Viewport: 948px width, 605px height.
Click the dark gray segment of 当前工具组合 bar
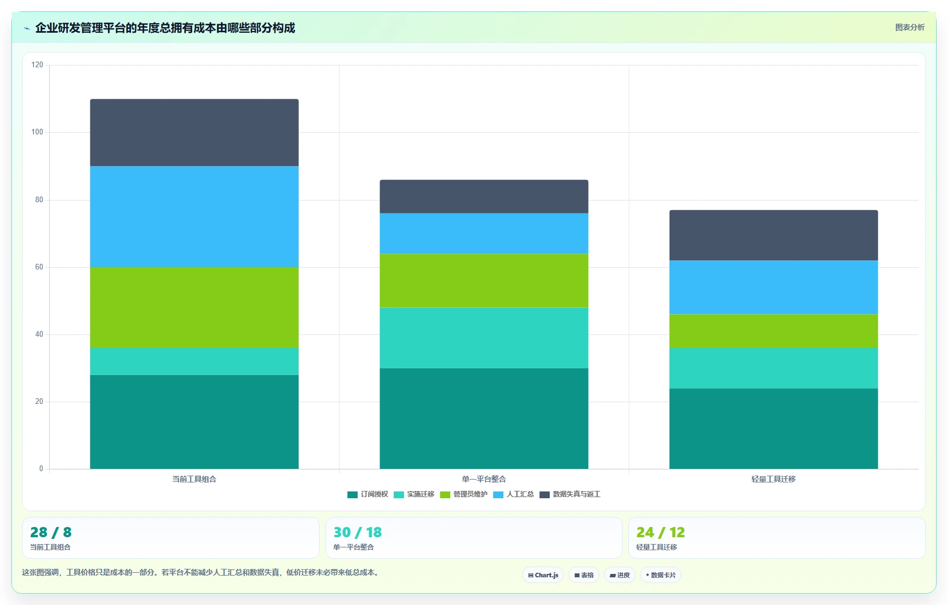tap(194, 132)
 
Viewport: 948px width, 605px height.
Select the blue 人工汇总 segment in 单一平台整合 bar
tap(484, 233)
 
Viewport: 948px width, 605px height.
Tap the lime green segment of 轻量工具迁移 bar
tap(773, 331)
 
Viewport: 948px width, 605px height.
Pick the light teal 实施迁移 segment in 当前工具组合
tap(194, 362)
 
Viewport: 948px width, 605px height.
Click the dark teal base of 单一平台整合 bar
tap(484, 419)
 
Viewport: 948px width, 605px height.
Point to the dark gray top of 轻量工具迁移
tap(773, 235)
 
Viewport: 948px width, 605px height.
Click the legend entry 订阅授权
tap(367, 494)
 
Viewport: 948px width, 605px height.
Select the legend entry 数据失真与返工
tap(570, 494)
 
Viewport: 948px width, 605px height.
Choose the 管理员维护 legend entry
tap(464, 494)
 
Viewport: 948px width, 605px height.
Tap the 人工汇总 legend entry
tap(514, 494)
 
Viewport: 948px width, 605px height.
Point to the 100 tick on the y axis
tap(37, 132)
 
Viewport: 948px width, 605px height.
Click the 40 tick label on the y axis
tap(39, 334)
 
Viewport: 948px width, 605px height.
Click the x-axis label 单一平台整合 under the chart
tap(484, 479)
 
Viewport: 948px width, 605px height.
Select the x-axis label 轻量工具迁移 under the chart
tap(773, 479)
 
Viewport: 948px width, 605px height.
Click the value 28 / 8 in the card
tap(51, 532)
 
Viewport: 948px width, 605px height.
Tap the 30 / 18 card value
tap(358, 532)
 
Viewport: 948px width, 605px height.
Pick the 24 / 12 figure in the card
tap(660, 532)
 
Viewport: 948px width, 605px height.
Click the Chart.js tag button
tap(543, 575)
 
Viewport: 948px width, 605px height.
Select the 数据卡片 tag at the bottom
tap(660, 575)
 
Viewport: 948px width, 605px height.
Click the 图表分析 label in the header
tap(910, 28)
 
